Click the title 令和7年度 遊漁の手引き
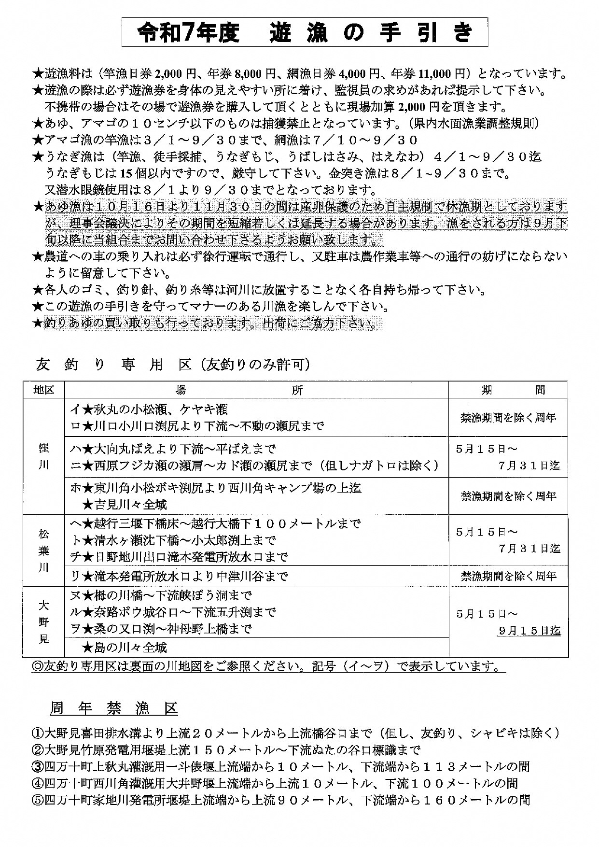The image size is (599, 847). coord(304,33)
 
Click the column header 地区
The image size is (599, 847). coord(43,390)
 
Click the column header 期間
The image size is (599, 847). coord(508,390)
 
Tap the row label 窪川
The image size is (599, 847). coord(43,456)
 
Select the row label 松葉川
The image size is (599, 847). coord(43,551)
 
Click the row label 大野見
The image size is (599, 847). coord(43,622)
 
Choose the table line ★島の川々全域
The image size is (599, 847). coord(125,647)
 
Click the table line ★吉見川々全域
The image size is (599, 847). coord(125,505)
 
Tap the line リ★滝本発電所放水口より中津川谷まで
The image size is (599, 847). coord(179,576)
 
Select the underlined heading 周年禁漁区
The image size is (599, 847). coord(114,708)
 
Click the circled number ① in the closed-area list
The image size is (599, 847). coord(38,733)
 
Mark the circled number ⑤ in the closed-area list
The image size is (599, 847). coord(38,800)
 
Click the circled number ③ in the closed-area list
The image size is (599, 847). coord(38,766)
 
